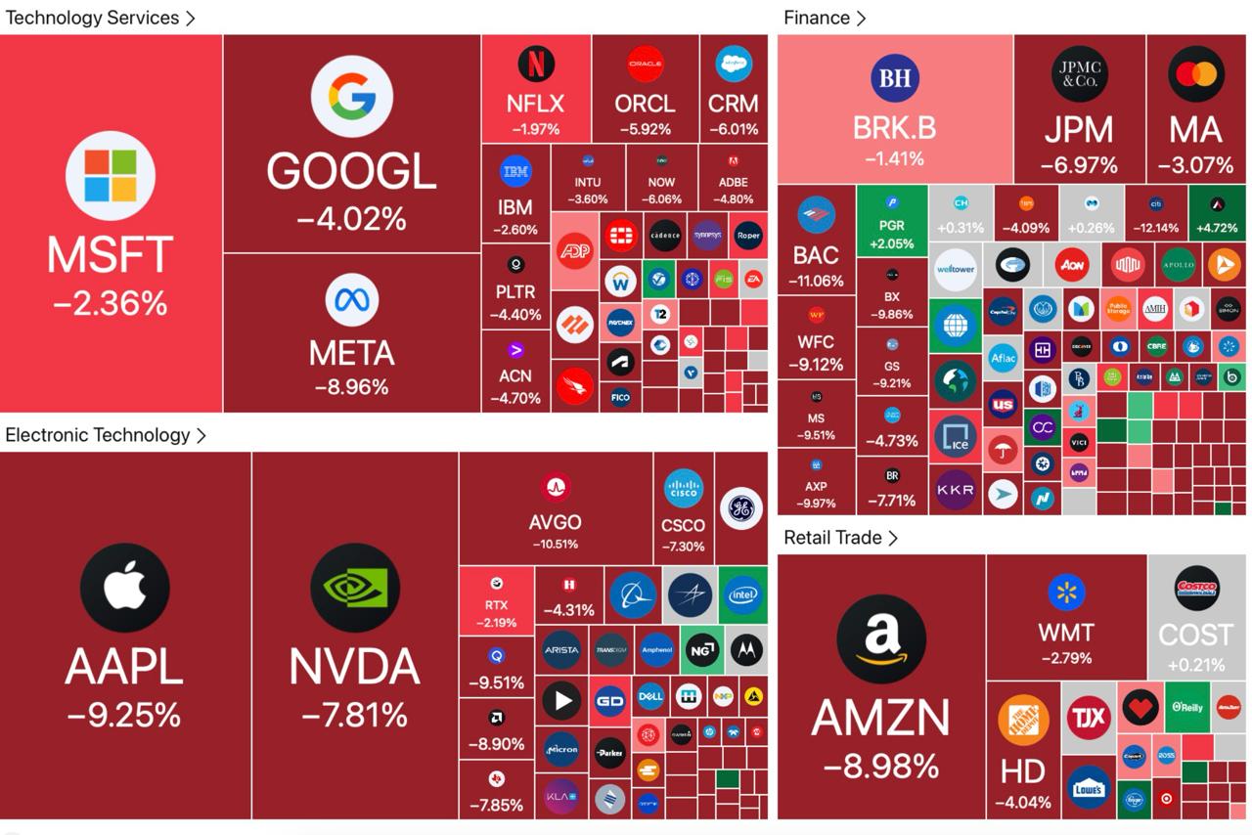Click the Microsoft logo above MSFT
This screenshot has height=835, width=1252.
(x=111, y=176)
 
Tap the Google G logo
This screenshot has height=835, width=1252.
(x=351, y=96)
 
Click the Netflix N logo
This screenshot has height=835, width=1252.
(x=536, y=65)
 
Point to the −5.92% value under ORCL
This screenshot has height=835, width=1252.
(x=645, y=129)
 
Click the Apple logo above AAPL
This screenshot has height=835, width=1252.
(x=125, y=589)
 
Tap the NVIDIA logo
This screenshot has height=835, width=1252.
(x=354, y=589)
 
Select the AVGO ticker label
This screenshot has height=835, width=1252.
(x=555, y=523)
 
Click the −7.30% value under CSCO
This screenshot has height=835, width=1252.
(x=683, y=547)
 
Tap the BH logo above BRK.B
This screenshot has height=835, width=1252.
(x=895, y=78)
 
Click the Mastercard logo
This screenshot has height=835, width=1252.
(x=1195, y=74)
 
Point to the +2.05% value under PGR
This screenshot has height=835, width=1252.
(x=891, y=244)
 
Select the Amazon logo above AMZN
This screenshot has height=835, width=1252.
(x=881, y=639)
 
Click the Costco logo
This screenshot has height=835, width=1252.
(x=1196, y=589)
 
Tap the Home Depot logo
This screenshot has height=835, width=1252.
(x=1023, y=721)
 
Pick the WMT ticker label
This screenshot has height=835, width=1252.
(x=1066, y=633)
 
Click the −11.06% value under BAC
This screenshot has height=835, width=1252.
(x=816, y=281)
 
